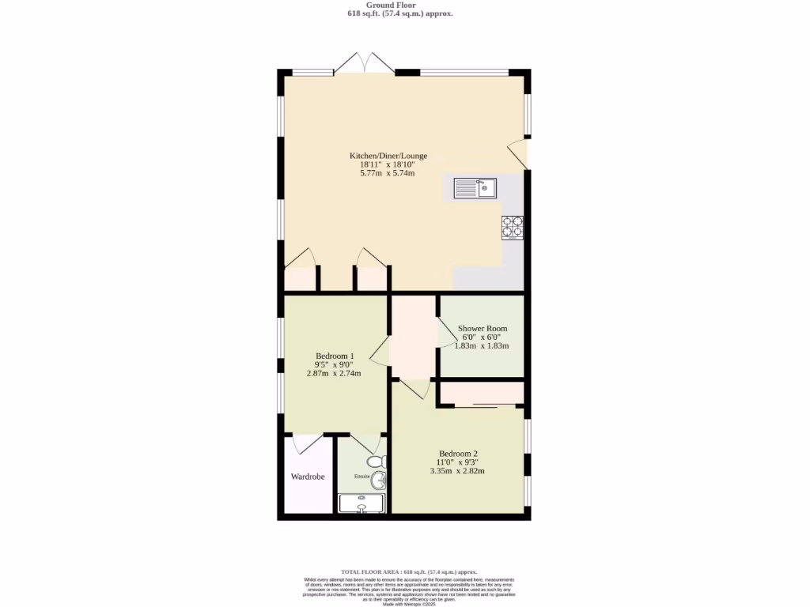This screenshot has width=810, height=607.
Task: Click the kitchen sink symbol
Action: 475,188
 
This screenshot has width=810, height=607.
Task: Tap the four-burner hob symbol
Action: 512,227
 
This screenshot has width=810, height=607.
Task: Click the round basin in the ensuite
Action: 379,480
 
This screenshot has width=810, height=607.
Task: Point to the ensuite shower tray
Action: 361,503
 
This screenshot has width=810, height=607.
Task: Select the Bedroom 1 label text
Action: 335,356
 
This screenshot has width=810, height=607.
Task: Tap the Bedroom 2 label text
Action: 458,453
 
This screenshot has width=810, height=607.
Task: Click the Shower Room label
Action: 483,328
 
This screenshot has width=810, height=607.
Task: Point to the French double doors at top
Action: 364,65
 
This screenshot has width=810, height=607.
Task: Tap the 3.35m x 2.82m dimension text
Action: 457,470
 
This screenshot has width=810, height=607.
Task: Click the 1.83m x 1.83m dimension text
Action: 482,345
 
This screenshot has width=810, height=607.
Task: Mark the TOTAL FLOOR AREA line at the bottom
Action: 409,571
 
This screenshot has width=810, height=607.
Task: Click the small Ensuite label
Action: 361,477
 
